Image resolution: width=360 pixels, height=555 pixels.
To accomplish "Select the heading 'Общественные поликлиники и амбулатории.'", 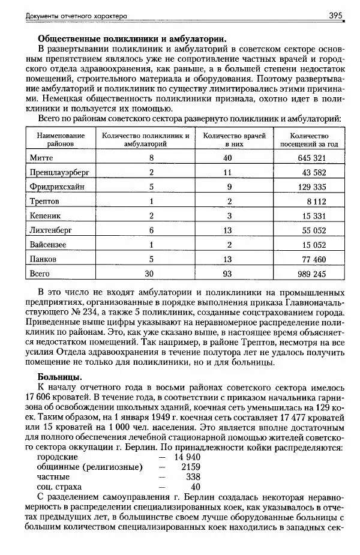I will coord(132,38).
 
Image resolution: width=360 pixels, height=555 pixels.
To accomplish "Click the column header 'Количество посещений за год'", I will coord(308,140).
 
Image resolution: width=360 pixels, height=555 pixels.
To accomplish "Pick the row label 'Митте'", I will coord(41,157).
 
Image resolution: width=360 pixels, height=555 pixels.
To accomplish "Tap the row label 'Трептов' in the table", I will coord(44,201).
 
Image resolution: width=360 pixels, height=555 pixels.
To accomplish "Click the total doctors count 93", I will coord(227,274).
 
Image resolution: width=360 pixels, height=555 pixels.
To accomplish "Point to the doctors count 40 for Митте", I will coord(227,157).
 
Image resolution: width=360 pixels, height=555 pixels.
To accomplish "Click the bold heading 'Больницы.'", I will coord(59,376).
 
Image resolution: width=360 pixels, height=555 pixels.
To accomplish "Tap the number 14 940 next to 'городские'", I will coord(187,457).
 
